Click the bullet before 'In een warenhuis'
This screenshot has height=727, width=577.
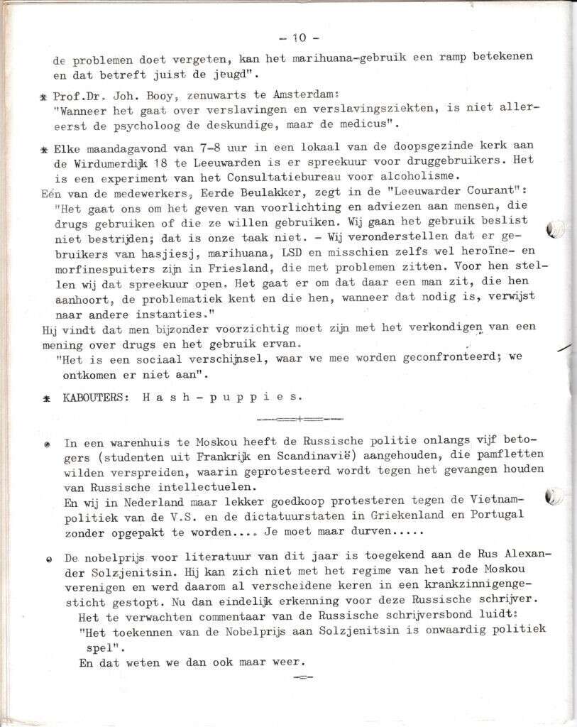(47, 443)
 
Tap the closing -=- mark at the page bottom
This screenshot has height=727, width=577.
(302, 677)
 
